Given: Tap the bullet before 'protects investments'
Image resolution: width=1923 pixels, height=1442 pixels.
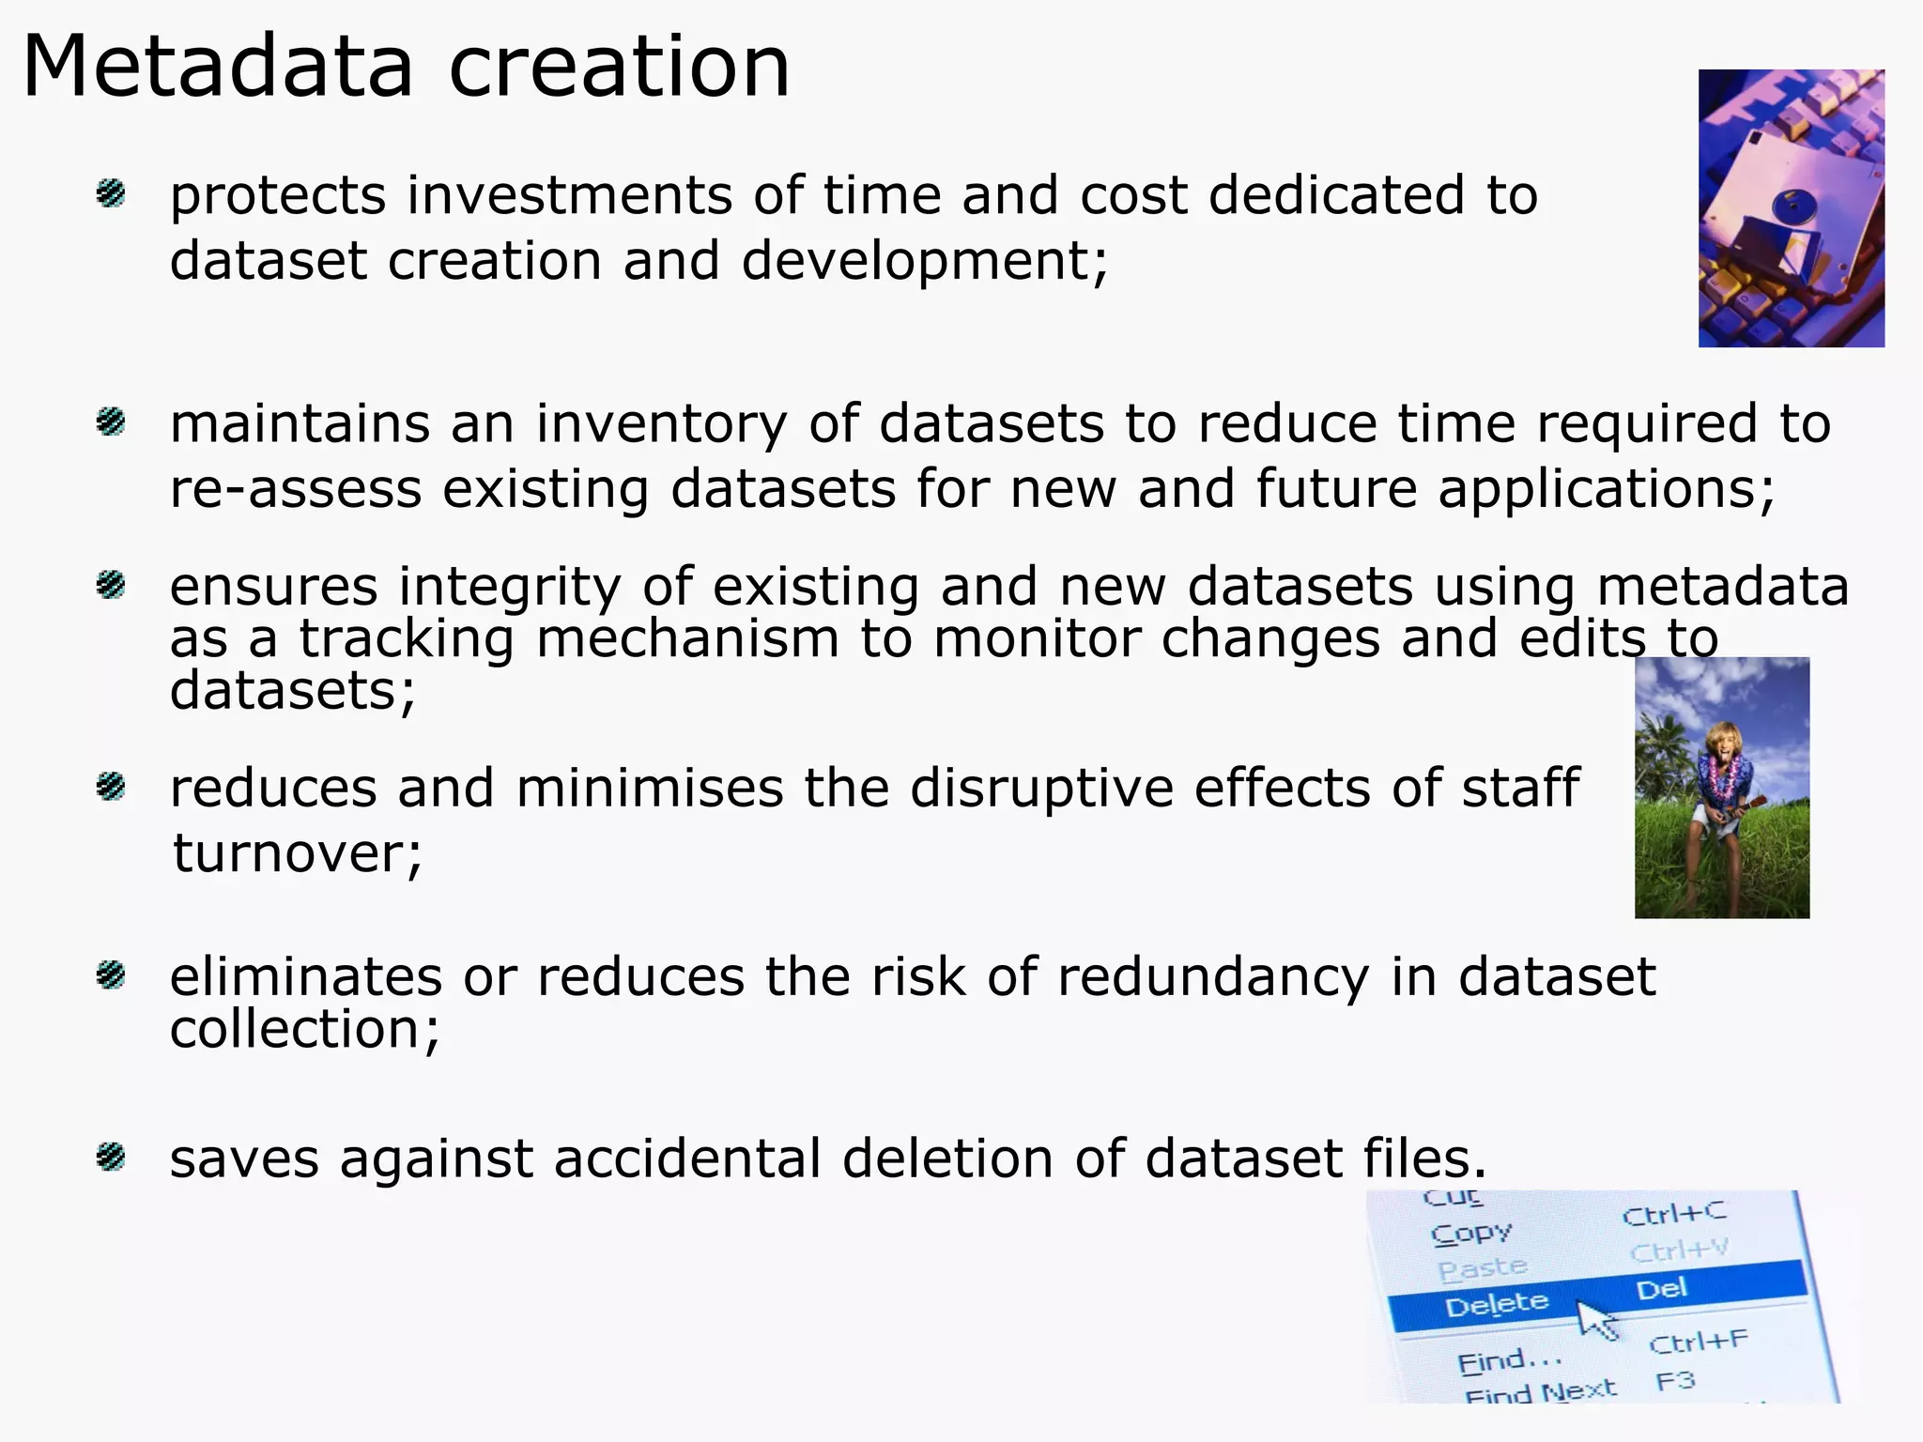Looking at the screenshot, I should coord(111,194).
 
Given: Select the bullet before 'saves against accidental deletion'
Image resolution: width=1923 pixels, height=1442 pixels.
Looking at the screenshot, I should coord(111,1157).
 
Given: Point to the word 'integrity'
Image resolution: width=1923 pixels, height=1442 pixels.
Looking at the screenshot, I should coord(509,587).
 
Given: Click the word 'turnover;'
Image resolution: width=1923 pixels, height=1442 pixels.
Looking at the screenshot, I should coord(298,853).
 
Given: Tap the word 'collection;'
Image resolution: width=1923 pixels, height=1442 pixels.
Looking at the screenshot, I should coord(304,1030).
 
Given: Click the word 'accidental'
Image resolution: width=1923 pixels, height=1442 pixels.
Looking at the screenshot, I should coord(687,1158).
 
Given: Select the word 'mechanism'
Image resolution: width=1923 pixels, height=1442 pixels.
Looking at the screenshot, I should coord(687,639).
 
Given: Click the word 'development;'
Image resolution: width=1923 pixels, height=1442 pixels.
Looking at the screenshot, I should coord(925,261).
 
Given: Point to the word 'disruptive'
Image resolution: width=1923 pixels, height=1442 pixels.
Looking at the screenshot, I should coord(1041,788).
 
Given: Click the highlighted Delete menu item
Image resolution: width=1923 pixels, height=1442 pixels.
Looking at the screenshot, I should coord(1496,1304).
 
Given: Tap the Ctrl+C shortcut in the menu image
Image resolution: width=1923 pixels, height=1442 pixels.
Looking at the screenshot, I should coord(1673,1214).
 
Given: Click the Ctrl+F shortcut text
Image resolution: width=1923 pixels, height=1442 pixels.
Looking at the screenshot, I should coord(1698,1342).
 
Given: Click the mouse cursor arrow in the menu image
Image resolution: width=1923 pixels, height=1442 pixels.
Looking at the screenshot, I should coord(1595,1318).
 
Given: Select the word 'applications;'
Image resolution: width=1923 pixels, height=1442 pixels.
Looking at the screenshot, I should coord(1607,490).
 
